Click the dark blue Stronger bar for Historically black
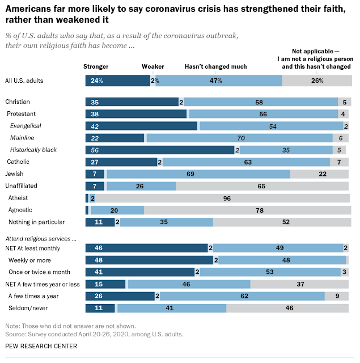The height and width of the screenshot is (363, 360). point(159,150)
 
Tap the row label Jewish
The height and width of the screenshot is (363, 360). point(14,174)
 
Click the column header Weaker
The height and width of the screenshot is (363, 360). point(153,66)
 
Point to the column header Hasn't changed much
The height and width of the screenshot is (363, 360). point(216,66)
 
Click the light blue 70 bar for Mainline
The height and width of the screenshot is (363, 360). point(239,138)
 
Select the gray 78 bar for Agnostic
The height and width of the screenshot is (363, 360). point(247,210)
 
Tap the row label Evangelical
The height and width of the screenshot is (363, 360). point(26,126)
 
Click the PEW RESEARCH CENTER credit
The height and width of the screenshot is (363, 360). point(41,346)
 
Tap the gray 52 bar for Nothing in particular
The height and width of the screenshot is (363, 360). point(281,222)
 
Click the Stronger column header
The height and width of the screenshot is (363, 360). point(96,66)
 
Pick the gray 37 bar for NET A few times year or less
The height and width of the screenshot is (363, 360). point(299,284)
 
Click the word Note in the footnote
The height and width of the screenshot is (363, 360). point(12,326)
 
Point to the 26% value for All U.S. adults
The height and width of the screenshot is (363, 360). point(317,81)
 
